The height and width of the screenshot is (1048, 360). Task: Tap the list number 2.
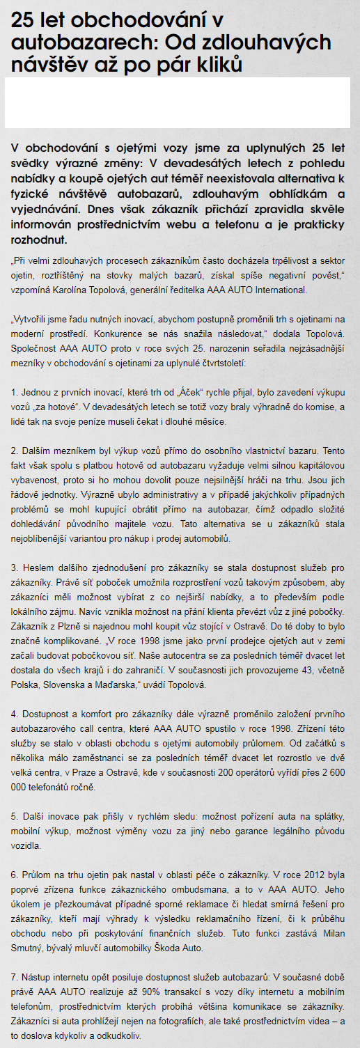click(14, 451)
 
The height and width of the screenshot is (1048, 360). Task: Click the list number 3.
click(14, 568)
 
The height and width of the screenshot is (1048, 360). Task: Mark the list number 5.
click(14, 816)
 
